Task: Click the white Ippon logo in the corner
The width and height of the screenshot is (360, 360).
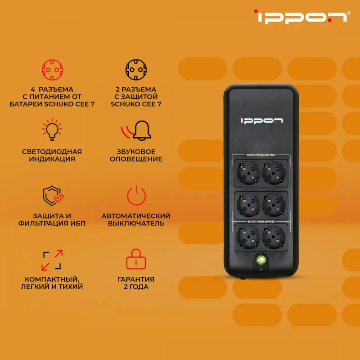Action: (x=302, y=17)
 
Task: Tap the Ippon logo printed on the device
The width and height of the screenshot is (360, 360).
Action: (x=261, y=120)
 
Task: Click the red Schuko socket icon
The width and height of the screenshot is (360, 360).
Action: (x=52, y=70)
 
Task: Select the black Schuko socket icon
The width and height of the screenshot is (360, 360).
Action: (x=136, y=70)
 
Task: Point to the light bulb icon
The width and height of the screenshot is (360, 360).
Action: (x=52, y=130)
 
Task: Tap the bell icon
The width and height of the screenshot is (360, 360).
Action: (x=136, y=130)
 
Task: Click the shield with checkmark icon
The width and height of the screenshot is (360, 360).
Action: (x=53, y=196)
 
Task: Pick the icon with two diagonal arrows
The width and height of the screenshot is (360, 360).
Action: (x=52, y=260)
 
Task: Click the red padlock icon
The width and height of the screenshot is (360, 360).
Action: (x=136, y=259)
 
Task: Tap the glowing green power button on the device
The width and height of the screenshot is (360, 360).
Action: (x=261, y=260)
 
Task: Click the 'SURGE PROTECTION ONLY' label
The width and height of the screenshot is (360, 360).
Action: (x=261, y=155)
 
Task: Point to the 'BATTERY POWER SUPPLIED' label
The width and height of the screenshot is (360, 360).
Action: (x=261, y=221)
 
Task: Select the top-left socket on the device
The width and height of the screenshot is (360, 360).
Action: (x=248, y=173)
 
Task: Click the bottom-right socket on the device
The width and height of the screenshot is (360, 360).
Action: (x=274, y=238)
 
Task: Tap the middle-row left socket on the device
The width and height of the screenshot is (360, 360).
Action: (x=248, y=205)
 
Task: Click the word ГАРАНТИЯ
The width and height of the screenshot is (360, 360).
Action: (x=136, y=279)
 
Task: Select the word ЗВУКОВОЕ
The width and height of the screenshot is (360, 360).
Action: (x=136, y=152)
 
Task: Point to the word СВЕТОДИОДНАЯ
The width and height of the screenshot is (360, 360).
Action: (x=52, y=152)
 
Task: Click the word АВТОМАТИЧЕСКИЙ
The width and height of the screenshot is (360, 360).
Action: (x=136, y=216)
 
